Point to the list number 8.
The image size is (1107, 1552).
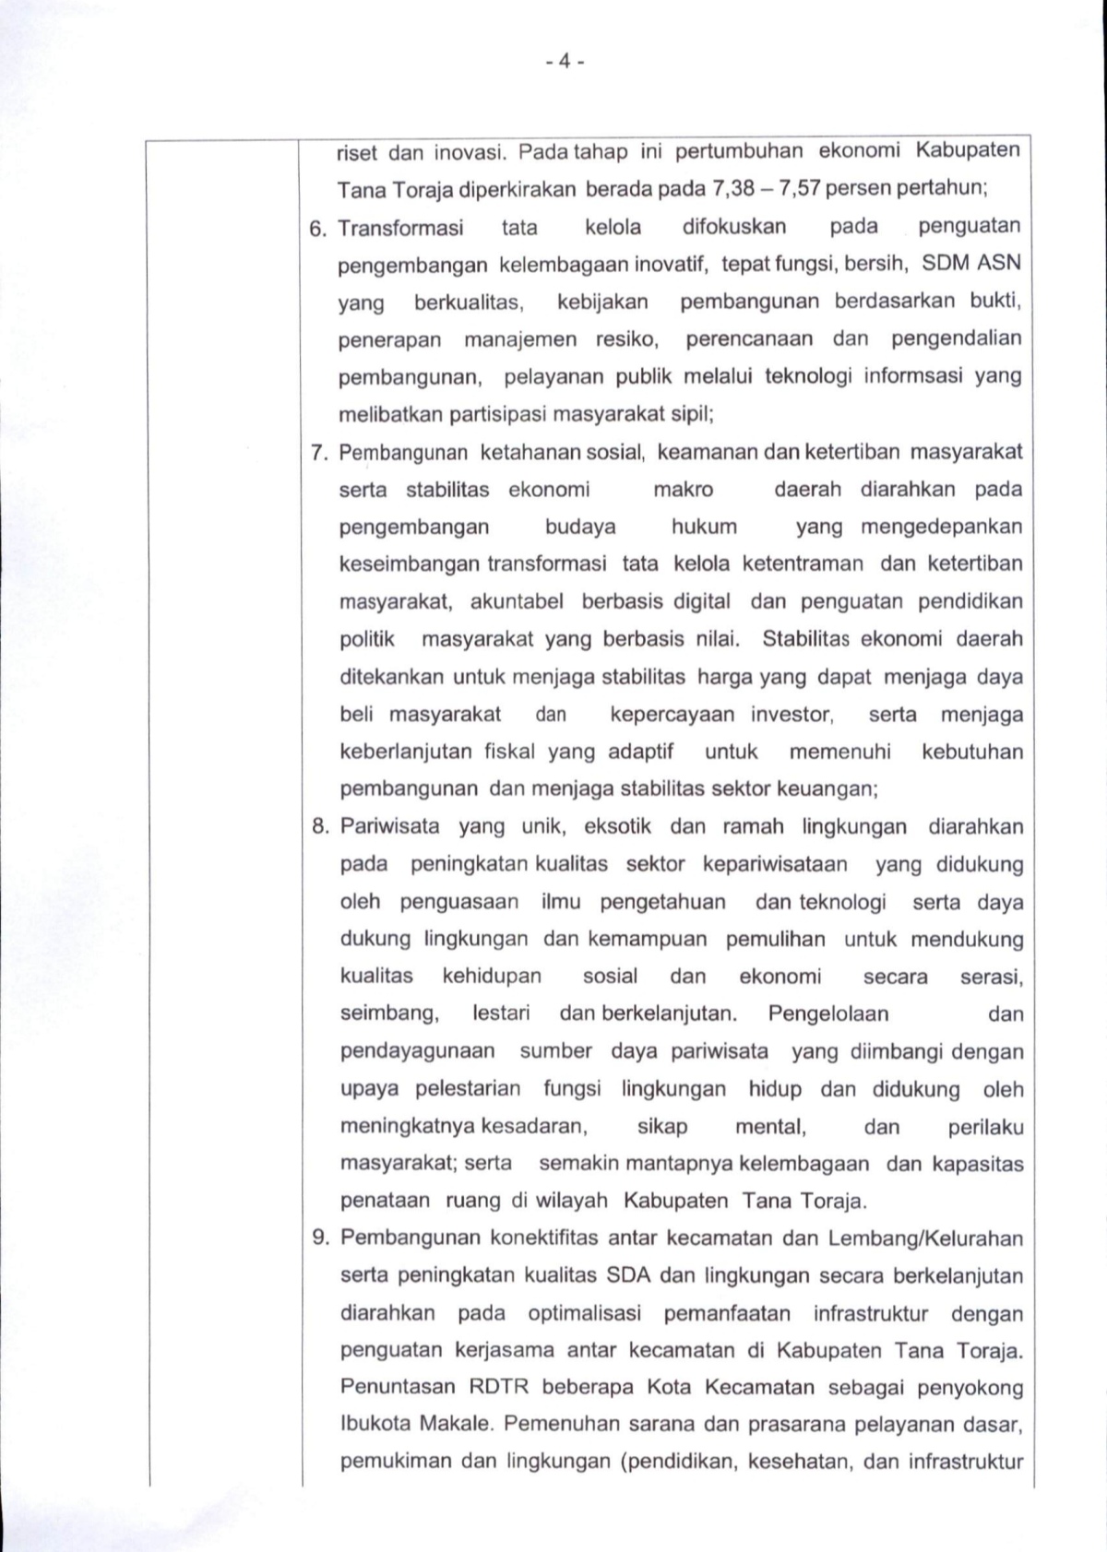320,827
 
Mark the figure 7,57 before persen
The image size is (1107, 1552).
799,189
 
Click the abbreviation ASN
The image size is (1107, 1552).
997,264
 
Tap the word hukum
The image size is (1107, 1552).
704,527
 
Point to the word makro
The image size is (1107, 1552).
683,489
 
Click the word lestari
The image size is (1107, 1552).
501,1013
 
